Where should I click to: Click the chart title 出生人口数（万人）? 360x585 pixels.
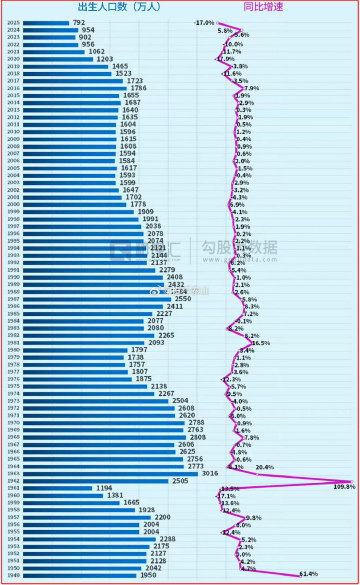tap(119, 7)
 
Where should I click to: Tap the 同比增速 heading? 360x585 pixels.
tap(264, 7)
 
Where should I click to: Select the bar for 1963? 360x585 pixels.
tap(110, 474)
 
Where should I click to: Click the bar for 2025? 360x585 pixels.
tap(46, 23)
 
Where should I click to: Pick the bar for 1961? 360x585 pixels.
tap(57, 488)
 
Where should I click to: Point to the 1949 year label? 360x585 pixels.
tap(13, 576)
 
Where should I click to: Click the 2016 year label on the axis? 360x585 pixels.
tap(13, 88)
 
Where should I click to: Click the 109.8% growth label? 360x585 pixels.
tap(344, 487)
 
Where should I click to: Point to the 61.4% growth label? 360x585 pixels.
tap(308, 574)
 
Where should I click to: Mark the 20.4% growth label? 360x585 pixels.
tap(265, 467)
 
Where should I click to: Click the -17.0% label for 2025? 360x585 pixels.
tap(203, 23)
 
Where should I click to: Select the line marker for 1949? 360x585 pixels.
tap(300, 576)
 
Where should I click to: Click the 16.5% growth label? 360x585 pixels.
tap(260, 343)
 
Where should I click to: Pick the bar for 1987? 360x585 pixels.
tap(97, 299)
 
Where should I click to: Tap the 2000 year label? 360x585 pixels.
tap(13, 205)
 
